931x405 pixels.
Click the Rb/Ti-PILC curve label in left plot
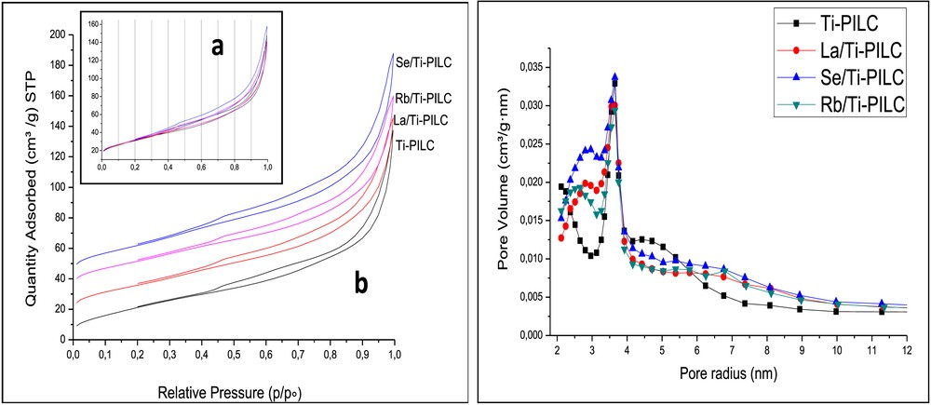[x=424, y=98]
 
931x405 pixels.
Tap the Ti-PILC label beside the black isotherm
[x=414, y=144]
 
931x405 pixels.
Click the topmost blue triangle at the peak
[x=614, y=77]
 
